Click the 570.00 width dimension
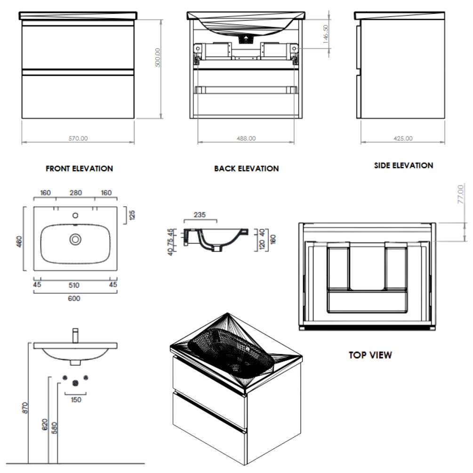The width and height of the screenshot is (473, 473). point(78,138)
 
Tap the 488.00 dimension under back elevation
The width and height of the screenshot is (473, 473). point(246,138)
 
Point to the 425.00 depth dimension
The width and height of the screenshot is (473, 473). point(402,138)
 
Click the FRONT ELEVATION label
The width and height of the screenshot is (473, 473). point(79,168)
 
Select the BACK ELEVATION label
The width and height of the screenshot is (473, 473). point(246,168)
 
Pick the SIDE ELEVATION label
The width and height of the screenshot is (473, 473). point(403,166)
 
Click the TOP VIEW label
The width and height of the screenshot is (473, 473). point(369,355)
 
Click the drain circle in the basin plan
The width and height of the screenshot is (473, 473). point(75,240)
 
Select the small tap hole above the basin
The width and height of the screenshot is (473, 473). point(75,216)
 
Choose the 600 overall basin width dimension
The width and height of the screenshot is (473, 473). point(74,298)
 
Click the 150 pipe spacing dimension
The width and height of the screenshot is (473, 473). point(76,400)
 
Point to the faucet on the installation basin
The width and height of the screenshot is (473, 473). point(75,336)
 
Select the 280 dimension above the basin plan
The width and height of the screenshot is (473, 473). point(75,192)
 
